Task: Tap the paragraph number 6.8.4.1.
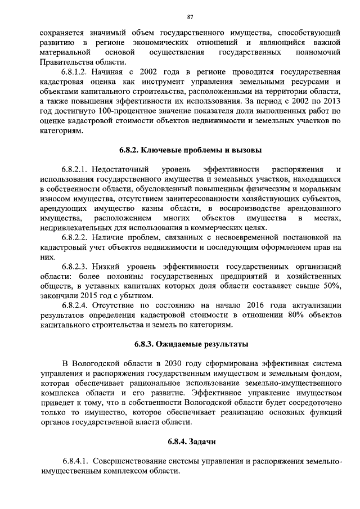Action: [x=77, y=461]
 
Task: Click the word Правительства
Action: [x=67, y=62]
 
